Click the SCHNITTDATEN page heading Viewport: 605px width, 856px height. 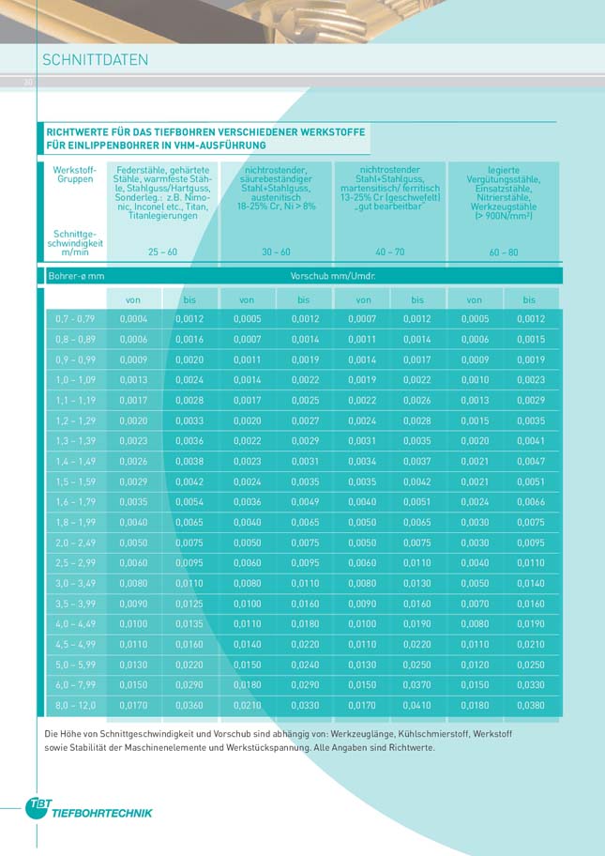[96, 59]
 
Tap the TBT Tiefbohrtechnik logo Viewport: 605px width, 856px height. [88, 808]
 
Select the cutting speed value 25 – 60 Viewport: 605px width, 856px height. [162, 252]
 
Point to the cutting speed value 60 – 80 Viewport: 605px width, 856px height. [504, 252]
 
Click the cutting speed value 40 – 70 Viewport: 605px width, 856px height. [389, 252]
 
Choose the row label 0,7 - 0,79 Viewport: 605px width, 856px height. [75, 319]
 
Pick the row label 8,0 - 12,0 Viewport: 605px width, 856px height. [75, 705]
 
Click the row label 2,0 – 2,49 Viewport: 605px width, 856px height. [75, 543]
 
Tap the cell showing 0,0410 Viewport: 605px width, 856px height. [417, 705]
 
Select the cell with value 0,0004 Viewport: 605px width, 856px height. [133, 319]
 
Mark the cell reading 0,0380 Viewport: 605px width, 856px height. [531, 705]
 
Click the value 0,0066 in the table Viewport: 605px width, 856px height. [531, 502]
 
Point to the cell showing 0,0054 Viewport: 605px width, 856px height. [189, 502]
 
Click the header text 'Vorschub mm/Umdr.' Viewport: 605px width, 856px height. [333, 276]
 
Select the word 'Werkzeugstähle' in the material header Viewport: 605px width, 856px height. [504, 206]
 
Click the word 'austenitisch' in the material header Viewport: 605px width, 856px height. [276, 197]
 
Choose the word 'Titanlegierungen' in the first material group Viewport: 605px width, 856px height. [162, 216]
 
